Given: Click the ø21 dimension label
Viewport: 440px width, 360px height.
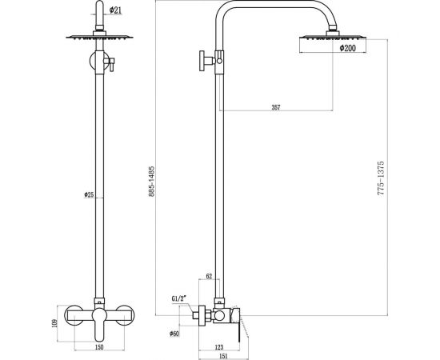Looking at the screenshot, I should click(x=116, y=10).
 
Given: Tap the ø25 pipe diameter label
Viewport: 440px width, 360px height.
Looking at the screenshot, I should click(x=90, y=195).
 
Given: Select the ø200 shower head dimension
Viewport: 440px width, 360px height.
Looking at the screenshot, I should click(x=347, y=49).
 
